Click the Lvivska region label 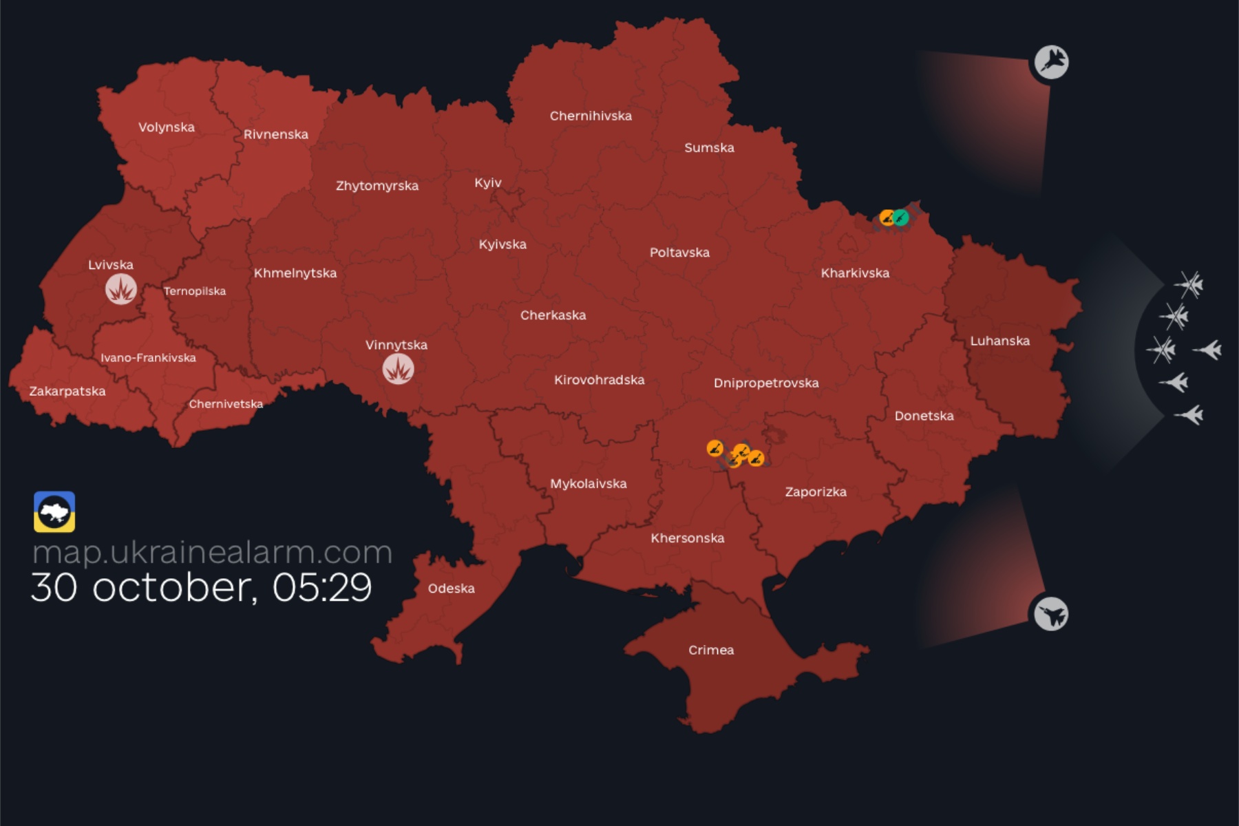click(111, 265)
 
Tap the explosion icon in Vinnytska click(398, 370)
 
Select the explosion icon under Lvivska click(121, 290)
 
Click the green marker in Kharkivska click(901, 218)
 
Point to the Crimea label click(711, 650)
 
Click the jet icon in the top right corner click(1051, 63)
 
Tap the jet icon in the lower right click(1051, 613)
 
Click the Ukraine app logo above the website click(54, 511)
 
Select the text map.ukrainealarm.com click(212, 552)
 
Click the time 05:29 click(321, 588)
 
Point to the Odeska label click(451, 589)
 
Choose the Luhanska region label click(999, 341)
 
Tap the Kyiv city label click(487, 183)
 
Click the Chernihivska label click(591, 116)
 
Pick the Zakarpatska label click(67, 392)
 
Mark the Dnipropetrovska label click(765, 383)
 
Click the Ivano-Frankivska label click(148, 358)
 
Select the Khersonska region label click(687, 538)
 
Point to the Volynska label click(167, 127)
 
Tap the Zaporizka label click(816, 492)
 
